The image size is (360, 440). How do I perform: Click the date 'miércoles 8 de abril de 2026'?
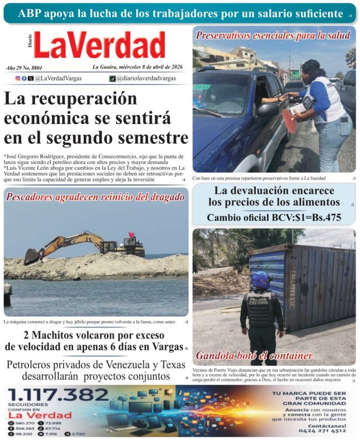pyautogui.click(x=150, y=67)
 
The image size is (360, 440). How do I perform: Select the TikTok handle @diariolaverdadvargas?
pyautogui.click(x=146, y=79)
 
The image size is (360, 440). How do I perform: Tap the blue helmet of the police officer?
pyautogui.click(x=261, y=280)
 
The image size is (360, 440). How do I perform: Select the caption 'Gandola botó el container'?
pyautogui.click(x=254, y=356)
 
